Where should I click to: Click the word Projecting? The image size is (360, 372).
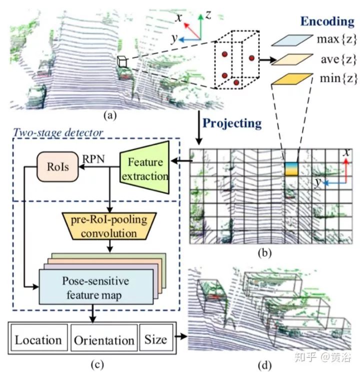coord(232,122)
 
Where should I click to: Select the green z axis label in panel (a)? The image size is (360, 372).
coord(207,15)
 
